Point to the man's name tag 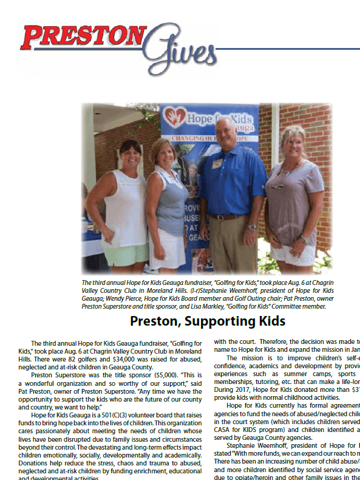[x=217, y=163]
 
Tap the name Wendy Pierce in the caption [x=141, y=299]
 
